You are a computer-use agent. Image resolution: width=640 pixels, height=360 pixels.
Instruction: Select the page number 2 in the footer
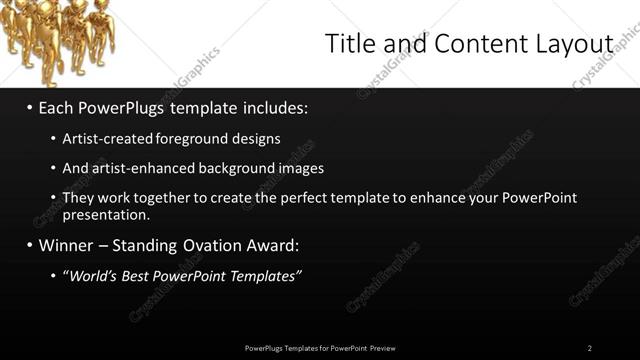590,348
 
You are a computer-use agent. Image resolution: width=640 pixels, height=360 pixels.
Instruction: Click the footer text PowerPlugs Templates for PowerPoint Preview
320,348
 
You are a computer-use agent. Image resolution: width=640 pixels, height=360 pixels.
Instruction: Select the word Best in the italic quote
145,275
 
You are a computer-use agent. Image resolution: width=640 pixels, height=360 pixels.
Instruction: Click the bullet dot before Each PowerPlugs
30,105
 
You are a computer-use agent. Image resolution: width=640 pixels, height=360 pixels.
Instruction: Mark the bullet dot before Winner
30,245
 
